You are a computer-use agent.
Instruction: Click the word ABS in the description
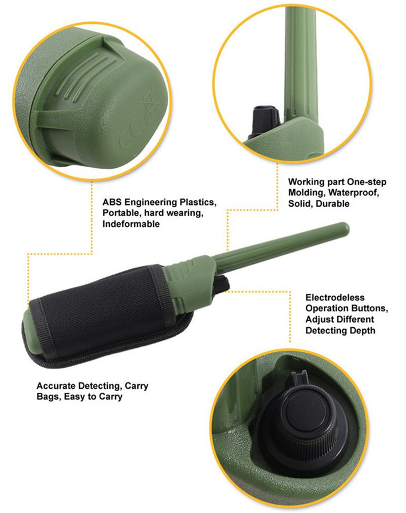112,202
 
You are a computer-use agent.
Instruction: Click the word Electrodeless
335,297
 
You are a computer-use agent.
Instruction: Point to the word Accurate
56,386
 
